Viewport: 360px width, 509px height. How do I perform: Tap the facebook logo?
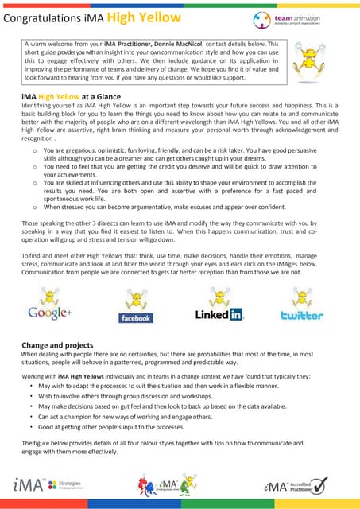click(x=135, y=317)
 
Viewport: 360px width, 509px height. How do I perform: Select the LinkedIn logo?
click(x=219, y=315)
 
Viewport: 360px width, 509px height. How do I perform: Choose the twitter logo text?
click(x=302, y=315)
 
